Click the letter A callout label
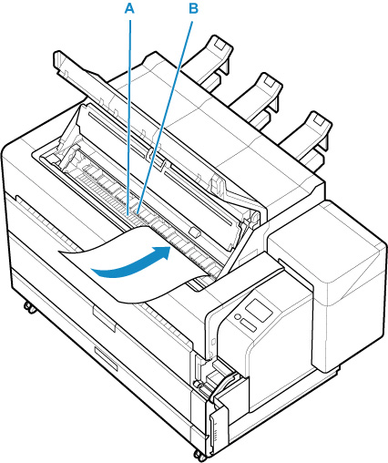pos(129,8)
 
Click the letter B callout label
pos(193,8)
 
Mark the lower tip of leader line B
pos(138,213)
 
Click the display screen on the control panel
pos(259,310)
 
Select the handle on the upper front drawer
pos(104,318)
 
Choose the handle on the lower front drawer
pos(106,359)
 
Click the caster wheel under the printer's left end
pos(29,307)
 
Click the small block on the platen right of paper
pos(194,232)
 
